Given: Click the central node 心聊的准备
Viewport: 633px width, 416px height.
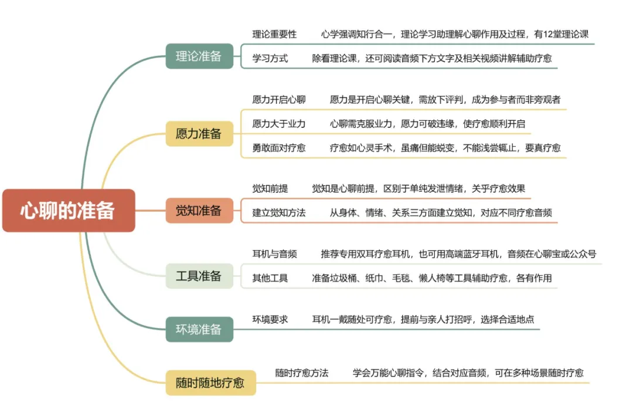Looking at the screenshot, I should pyautogui.click(x=69, y=211).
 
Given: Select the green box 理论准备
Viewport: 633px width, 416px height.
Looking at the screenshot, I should pyautogui.click(x=199, y=56).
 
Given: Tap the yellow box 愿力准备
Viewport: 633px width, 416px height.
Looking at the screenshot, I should pyautogui.click(x=199, y=134).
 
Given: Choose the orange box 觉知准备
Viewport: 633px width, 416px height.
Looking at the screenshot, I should pyautogui.click(x=199, y=211).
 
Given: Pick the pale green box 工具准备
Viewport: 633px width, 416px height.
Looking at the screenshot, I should pyautogui.click(x=199, y=276).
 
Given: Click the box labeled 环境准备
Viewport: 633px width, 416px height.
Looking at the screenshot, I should pyautogui.click(x=199, y=329).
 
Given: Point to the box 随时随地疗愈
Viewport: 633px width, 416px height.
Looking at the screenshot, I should pyautogui.click(x=210, y=383).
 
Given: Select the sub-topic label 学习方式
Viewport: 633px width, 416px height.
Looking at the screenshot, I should pyautogui.click(x=270, y=59).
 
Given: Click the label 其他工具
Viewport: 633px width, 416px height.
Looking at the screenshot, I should pyautogui.click(x=270, y=278).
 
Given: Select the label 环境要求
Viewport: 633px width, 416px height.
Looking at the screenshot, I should pyautogui.click(x=270, y=320).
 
